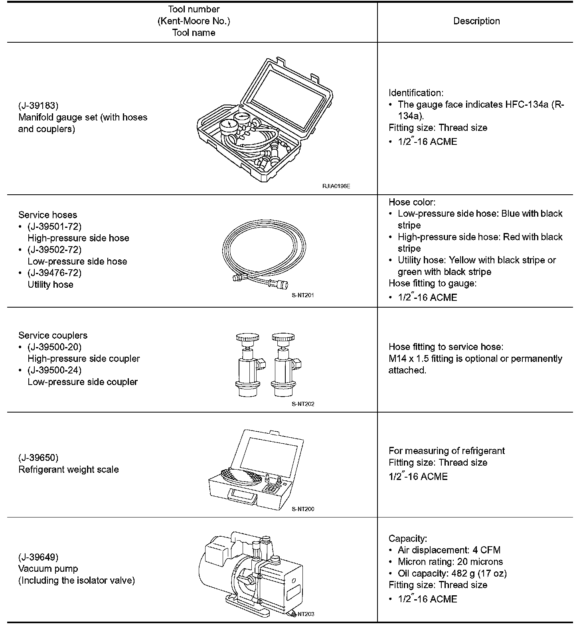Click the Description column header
pyautogui.click(x=476, y=21)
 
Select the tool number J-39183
pyautogui.click(x=38, y=106)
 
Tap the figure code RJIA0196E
pyautogui.click(x=336, y=186)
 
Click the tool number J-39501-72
pyautogui.click(x=55, y=227)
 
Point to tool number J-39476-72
pyautogui.click(x=55, y=273)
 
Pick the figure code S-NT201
pyautogui.click(x=303, y=296)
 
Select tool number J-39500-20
pyautogui.click(x=55, y=347)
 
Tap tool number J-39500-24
pyautogui.click(x=55, y=370)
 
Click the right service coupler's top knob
pyautogui.click(x=284, y=338)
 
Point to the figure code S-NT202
pyautogui.click(x=303, y=404)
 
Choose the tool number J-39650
pyautogui.click(x=38, y=458)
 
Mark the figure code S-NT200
pyautogui.click(x=303, y=509)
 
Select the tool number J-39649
pyautogui.click(x=38, y=557)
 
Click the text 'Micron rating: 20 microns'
pyautogui.click(x=450, y=562)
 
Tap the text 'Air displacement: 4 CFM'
pyautogui.click(x=449, y=550)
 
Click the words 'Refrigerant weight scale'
pyautogui.click(x=69, y=470)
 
